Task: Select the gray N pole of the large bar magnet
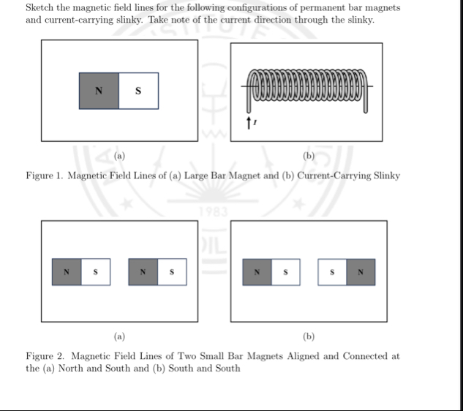point(99,91)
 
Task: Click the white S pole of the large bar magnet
point(138,91)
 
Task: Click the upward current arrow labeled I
point(251,121)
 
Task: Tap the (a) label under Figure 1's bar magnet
point(119,156)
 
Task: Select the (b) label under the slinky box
point(308,156)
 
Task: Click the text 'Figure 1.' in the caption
point(45,176)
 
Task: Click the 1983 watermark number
point(214,213)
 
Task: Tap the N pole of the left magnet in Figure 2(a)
point(67,272)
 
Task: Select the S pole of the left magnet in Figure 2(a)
point(95,272)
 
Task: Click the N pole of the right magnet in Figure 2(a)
point(143,272)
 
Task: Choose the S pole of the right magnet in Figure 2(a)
point(172,272)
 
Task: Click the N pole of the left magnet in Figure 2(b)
point(257,272)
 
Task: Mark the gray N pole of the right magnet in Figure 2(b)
point(361,272)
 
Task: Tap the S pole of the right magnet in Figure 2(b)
point(333,272)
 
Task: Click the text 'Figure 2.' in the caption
point(45,356)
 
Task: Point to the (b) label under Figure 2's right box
point(308,336)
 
